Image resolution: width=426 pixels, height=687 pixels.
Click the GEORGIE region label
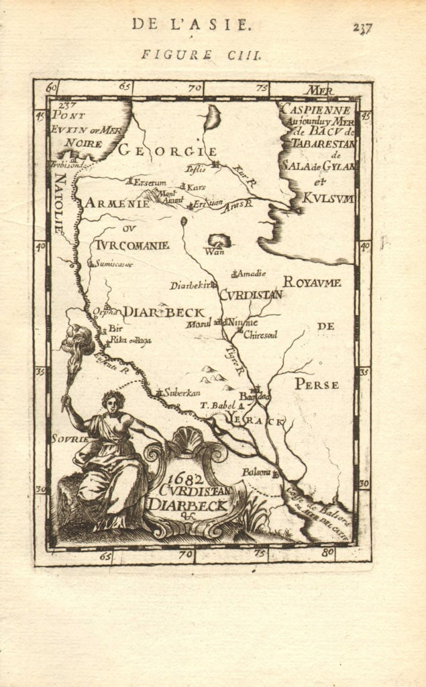(x=168, y=151)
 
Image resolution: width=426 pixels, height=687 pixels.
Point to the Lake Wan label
(x=215, y=252)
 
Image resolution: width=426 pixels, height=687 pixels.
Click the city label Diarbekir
(x=190, y=285)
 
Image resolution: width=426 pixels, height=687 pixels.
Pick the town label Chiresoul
(x=260, y=334)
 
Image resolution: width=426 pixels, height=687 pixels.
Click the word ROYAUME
(x=312, y=282)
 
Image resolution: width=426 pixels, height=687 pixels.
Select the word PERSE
(x=317, y=384)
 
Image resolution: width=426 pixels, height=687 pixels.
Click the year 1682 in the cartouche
(x=180, y=480)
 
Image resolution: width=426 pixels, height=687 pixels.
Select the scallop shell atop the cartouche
(x=189, y=441)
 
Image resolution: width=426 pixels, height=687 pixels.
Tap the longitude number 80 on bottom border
(x=327, y=553)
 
